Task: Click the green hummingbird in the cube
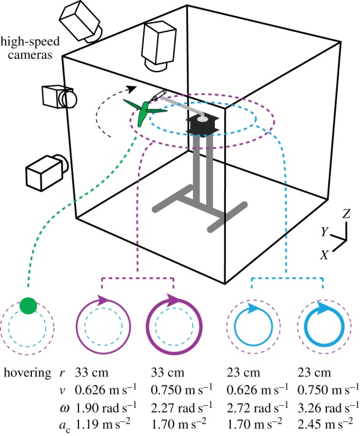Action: point(144,112)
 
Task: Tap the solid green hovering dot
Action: point(28,306)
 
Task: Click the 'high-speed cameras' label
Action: point(30,48)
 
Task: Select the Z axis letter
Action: point(347,214)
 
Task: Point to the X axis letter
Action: point(324,255)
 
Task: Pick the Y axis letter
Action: point(324,231)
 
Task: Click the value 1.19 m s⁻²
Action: point(103,424)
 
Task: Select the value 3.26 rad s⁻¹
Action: point(328,408)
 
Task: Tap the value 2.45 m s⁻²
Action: point(325,424)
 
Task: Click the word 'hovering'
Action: point(28,373)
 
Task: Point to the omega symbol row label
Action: point(64,408)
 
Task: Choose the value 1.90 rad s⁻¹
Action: point(106,408)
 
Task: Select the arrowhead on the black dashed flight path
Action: point(132,89)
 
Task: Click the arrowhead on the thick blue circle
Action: point(323,307)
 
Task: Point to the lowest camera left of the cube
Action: point(47,172)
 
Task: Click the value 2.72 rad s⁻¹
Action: point(257,408)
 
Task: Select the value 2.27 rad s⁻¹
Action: point(181,408)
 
